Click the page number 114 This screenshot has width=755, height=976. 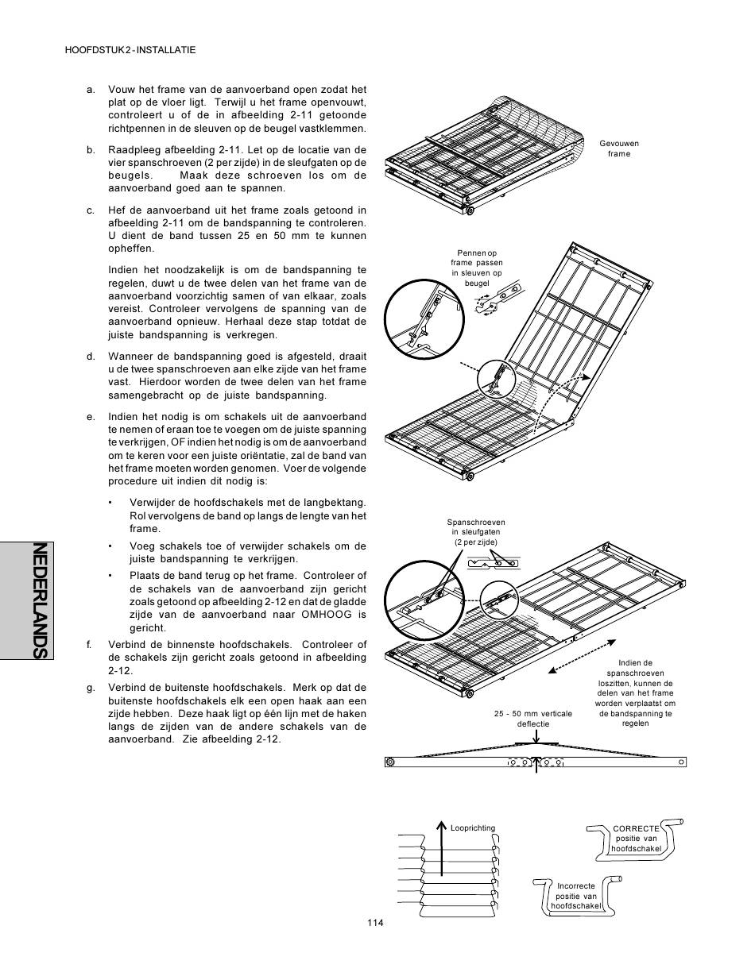[x=376, y=922]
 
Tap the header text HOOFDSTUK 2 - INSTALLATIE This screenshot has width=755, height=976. [x=130, y=50]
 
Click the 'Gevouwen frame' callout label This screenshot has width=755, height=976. [x=618, y=149]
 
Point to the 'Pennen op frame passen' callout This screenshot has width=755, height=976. [x=476, y=268]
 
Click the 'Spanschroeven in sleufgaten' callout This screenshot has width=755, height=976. [x=476, y=532]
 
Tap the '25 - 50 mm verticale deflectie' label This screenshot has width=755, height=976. [x=532, y=719]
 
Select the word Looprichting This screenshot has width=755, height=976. [x=472, y=828]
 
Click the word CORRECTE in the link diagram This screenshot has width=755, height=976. [x=636, y=828]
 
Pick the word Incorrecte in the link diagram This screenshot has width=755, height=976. [x=575, y=886]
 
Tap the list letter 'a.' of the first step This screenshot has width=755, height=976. [x=91, y=90]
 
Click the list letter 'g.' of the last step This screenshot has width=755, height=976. [x=91, y=688]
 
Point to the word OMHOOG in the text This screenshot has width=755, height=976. [x=323, y=615]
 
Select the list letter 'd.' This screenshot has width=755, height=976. [x=91, y=357]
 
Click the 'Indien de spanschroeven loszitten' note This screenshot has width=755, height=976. [x=635, y=692]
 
